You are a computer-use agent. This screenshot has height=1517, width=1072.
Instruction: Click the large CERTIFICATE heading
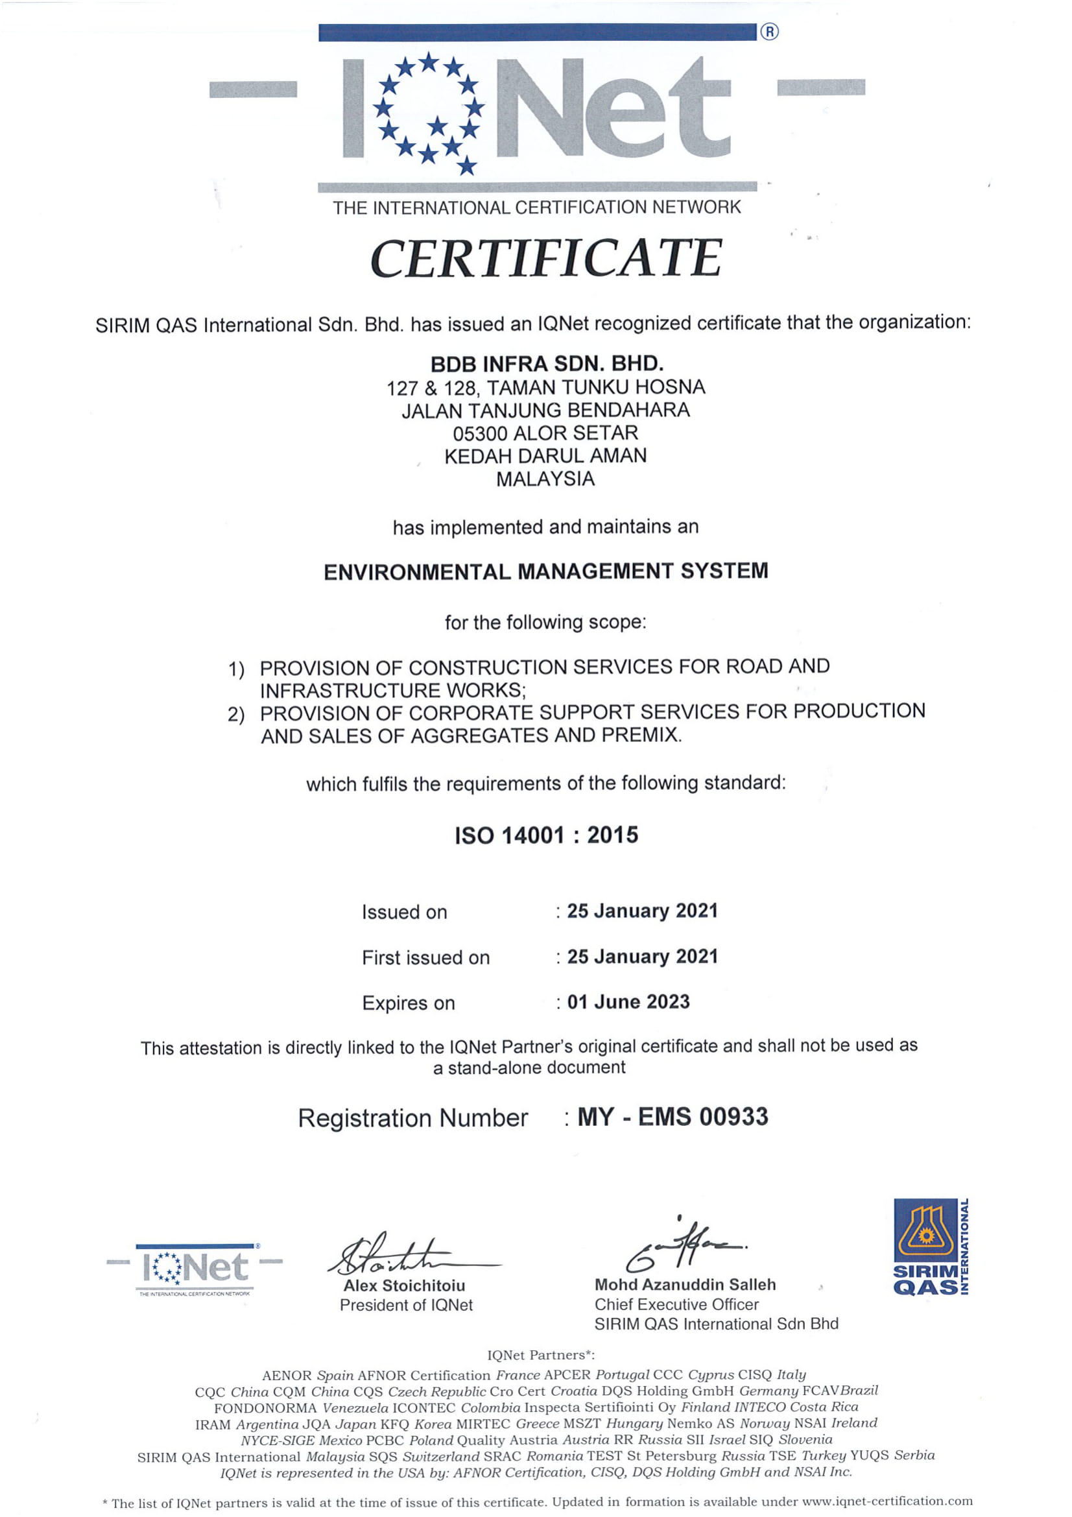pos(545,258)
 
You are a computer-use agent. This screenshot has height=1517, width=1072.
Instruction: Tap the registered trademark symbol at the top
pos(770,32)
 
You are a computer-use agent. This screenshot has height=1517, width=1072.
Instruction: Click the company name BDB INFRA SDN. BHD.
pos(546,364)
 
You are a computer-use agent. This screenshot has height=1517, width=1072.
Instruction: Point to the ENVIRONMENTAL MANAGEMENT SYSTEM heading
pos(545,571)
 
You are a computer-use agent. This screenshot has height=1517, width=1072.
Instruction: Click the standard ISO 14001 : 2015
pos(546,835)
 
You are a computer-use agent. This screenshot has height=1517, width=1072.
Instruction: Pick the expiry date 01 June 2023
pos(628,1001)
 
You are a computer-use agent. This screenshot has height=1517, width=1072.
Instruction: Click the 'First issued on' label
pos(425,957)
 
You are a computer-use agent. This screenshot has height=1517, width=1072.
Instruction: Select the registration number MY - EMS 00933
pos(673,1117)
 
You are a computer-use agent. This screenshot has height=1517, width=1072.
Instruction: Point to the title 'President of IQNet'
pos(406,1305)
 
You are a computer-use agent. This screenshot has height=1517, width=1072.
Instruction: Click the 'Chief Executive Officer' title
pos(676,1304)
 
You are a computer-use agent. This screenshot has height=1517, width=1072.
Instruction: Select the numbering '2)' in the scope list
pos(236,714)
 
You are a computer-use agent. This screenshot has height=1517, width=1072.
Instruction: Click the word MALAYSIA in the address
pos(545,479)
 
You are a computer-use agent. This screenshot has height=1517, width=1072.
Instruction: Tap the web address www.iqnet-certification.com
pos(887,1501)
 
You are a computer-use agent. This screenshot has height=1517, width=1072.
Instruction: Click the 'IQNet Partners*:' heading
pos(541,1354)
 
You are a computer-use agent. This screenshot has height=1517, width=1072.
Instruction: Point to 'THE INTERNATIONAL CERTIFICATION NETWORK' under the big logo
pos(536,208)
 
